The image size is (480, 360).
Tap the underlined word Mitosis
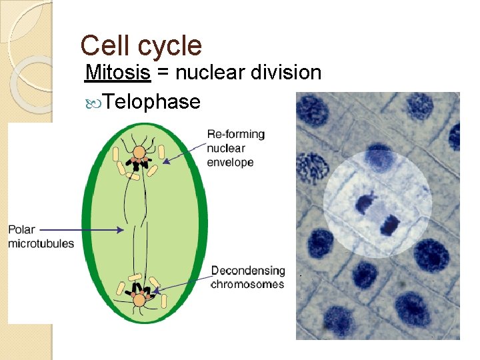coord(118,72)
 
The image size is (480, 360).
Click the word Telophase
coord(152,101)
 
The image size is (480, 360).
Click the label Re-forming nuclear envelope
coord(235,148)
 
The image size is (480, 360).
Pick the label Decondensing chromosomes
coord(248,277)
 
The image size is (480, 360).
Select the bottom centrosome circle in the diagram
coord(139,301)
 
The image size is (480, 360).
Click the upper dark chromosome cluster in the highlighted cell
coord(366,203)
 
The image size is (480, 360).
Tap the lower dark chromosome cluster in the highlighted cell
coord(390,225)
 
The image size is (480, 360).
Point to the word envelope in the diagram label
coord(230,162)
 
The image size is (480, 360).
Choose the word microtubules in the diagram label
coord(41,243)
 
